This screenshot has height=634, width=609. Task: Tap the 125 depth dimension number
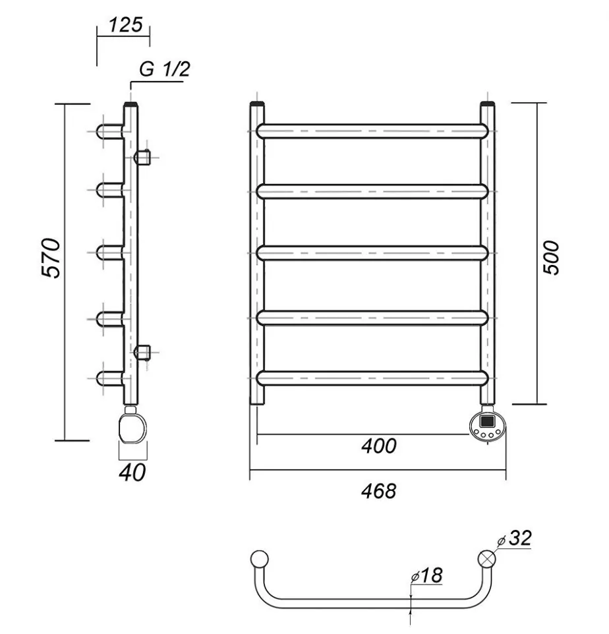tap(125, 25)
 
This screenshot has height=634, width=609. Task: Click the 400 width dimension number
tap(379, 446)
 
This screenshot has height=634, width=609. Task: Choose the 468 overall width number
tap(379, 490)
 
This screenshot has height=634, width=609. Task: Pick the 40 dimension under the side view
tap(132, 472)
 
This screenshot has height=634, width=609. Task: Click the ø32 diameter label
tap(515, 538)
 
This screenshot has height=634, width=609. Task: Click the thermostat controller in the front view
tap(488, 424)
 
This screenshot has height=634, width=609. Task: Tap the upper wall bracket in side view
tap(143, 158)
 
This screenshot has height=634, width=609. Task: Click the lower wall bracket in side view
tap(143, 351)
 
